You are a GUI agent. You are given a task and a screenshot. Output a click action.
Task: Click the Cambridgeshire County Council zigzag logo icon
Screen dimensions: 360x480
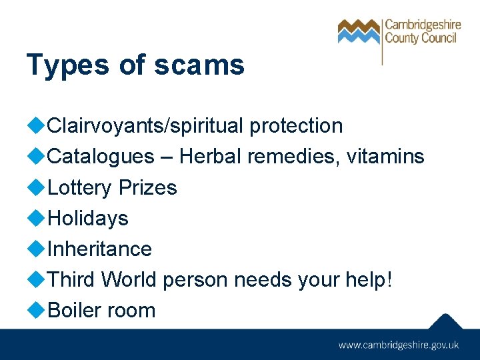[359, 31]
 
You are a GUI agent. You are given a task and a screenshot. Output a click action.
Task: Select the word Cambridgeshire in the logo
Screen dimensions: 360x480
[422, 25]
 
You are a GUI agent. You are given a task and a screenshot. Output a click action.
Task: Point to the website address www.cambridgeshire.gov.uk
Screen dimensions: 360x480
[399, 345]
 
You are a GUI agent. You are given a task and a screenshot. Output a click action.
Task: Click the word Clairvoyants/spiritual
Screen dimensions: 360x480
[147, 125]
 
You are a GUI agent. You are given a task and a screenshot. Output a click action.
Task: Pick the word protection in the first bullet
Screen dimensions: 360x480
[296, 125]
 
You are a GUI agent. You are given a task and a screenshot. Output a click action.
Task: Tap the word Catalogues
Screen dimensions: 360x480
[101, 157]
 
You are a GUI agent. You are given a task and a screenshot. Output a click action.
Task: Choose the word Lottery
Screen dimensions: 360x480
[80, 188]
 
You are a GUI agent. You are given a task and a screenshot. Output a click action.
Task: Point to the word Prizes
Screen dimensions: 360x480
[147, 188]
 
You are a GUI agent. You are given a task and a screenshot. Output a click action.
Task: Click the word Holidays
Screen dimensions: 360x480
[88, 218]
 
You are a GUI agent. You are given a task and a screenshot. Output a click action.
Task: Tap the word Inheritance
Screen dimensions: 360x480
[100, 249]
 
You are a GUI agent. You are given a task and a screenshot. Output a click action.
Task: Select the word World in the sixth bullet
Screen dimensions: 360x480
[129, 279]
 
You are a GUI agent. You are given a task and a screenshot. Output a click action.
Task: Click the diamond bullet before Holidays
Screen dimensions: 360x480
[37, 217]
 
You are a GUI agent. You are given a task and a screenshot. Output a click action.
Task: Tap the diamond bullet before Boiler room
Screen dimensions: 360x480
[37, 309]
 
